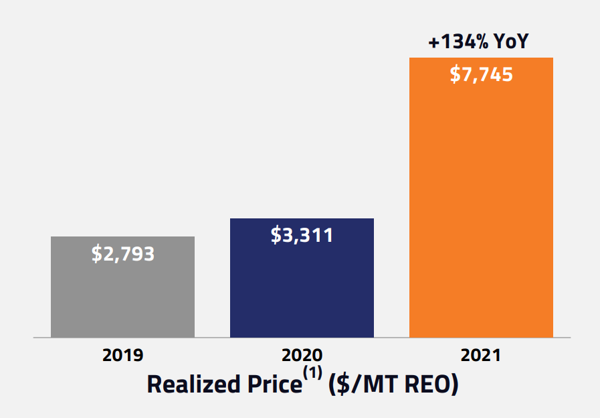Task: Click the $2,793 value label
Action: click(x=123, y=254)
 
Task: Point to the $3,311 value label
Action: click(x=302, y=236)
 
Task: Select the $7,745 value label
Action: click(x=482, y=74)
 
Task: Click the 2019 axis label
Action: click(x=122, y=355)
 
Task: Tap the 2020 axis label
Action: click(x=302, y=355)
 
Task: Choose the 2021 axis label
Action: click(x=481, y=355)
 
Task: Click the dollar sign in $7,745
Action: click(x=455, y=74)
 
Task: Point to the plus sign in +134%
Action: click(x=434, y=44)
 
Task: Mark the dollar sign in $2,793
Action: click(x=96, y=254)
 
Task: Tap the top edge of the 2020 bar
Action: click(x=302, y=219)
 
